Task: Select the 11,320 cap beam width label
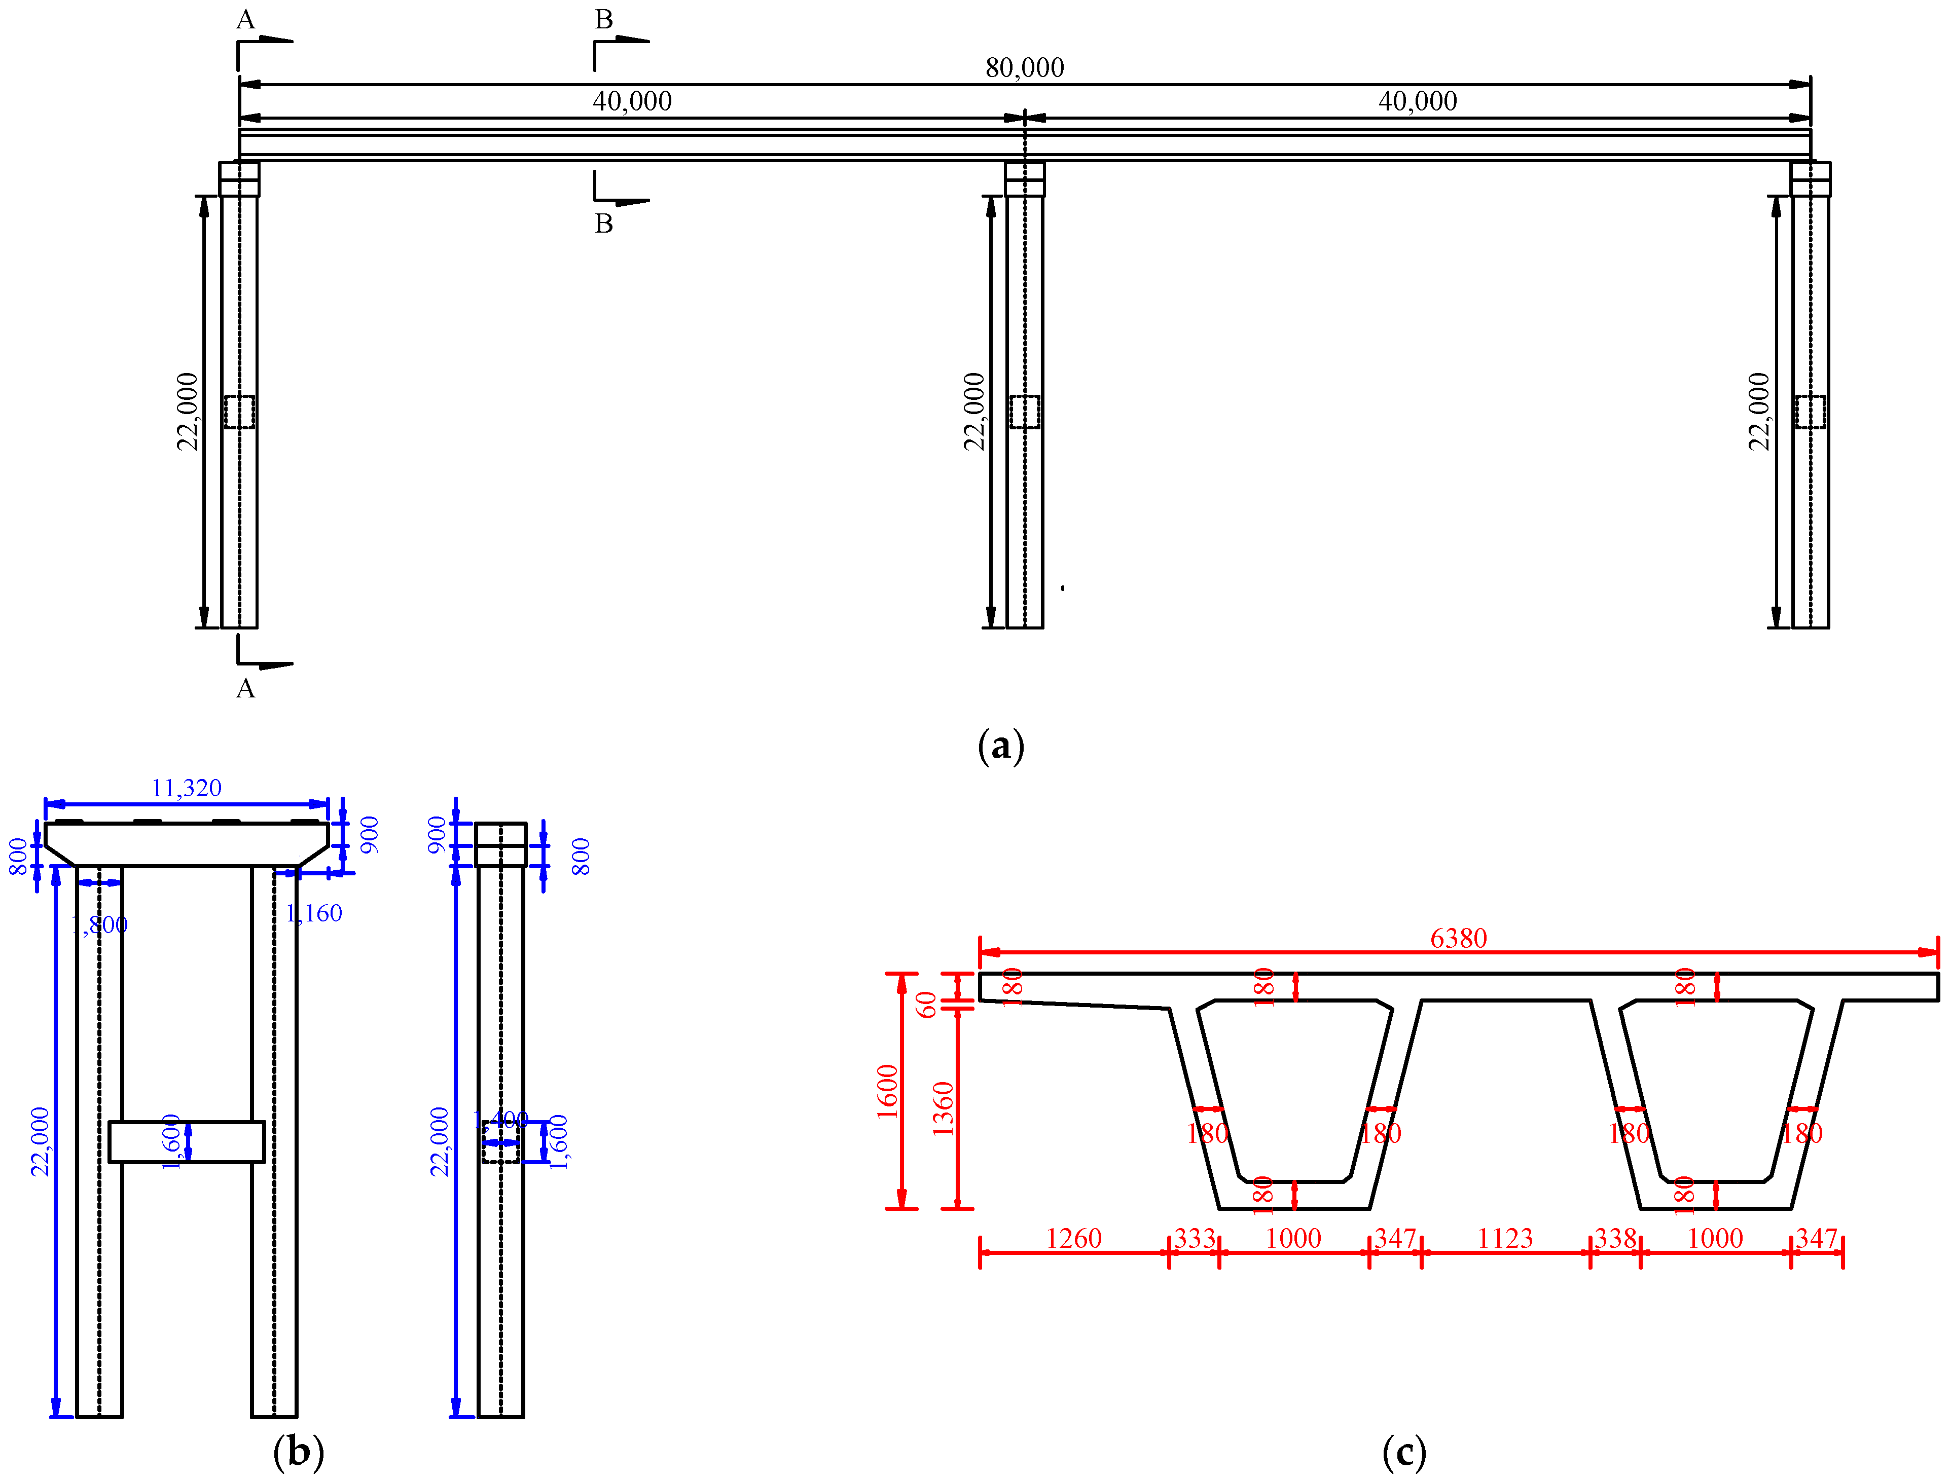(186, 788)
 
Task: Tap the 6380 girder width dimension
(1458, 938)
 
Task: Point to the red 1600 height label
(887, 1091)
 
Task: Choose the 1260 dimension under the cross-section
(1073, 1239)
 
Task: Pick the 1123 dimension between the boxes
(1505, 1239)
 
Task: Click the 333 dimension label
(1195, 1239)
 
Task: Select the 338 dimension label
(1615, 1239)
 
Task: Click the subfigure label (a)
(1001, 747)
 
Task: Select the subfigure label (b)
(299, 1451)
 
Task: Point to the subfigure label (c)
(1403, 1451)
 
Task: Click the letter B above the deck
(604, 19)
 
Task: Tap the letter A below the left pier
(245, 688)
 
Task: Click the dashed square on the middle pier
(1024, 412)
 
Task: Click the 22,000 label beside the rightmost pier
(1758, 412)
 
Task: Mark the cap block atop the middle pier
(1024, 179)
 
